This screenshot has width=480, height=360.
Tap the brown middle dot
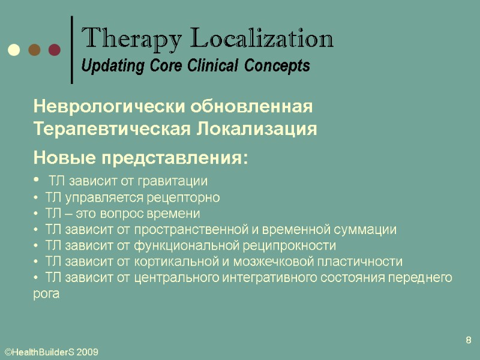[x=34, y=50]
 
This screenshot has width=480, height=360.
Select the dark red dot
[x=54, y=50]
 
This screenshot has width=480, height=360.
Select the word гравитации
[x=178, y=181]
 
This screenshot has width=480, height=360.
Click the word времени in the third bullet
[x=178, y=214]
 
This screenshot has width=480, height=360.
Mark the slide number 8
[x=469, y=341]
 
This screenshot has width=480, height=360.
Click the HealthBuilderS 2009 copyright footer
[x=51, y=352]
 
